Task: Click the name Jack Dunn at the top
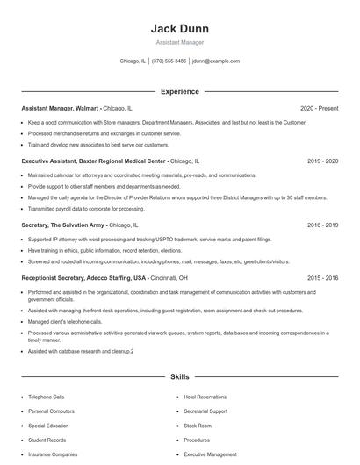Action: [179, 29]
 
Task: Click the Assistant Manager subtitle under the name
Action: [179, 42]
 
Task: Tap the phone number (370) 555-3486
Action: [169, 61]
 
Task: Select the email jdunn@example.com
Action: [215, 61]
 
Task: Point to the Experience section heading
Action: [179, 91]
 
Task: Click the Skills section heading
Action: [179, 376]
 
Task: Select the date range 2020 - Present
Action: [319, 108]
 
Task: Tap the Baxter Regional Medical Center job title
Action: [93, 161]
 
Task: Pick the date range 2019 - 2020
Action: [322, 161]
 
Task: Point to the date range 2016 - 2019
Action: [322, 225]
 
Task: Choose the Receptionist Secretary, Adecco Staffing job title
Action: [83, 278]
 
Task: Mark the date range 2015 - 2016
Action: [322, 278]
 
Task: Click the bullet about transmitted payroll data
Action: [86, 209]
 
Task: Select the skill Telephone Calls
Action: [47, 397]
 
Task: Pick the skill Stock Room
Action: [198, 426]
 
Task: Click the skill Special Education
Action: [49, 426]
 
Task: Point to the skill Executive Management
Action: [210, 454]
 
